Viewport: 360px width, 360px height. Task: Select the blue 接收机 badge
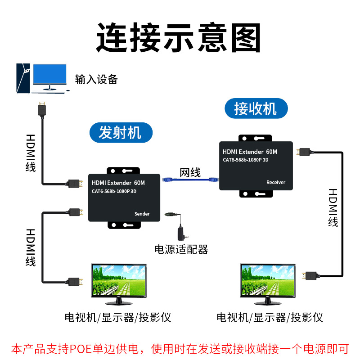255,108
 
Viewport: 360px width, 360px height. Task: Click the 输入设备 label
96,80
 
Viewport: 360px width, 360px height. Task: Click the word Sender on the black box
142,214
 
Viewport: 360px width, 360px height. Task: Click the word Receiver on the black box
275,182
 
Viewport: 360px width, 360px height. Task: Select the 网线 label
190,172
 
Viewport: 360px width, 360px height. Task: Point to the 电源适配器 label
181,249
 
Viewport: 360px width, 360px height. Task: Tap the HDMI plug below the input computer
42,108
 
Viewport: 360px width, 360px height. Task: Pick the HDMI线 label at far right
333,207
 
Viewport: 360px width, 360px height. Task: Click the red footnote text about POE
180,348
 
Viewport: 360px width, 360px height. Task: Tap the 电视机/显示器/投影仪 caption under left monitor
117,317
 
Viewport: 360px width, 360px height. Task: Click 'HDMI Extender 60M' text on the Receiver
250,152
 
